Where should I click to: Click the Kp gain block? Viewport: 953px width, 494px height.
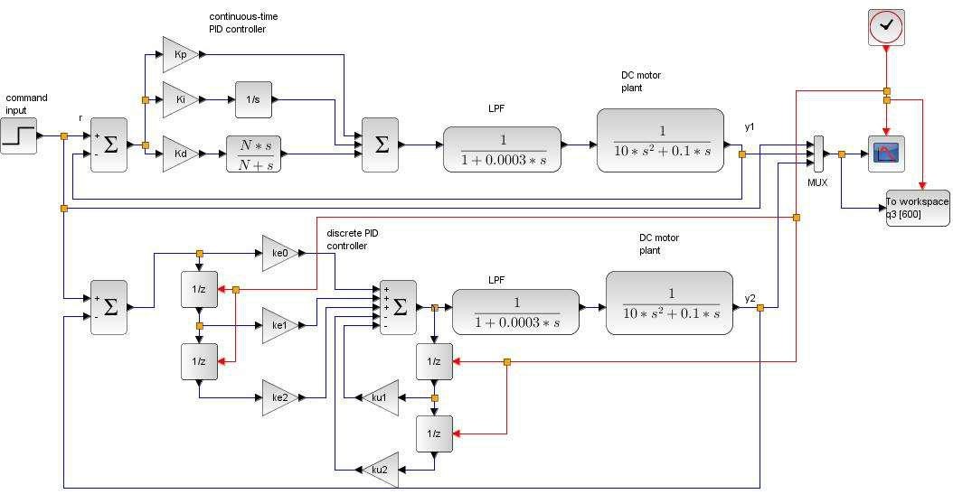[x=181, y=54]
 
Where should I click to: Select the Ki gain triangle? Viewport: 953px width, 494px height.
[x=181, y=99]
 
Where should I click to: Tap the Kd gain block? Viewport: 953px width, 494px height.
[x=181, y=154]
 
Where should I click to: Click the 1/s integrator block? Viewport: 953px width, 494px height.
[x=253, y=99]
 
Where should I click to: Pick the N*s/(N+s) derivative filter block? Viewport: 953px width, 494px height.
[x=253, y=154]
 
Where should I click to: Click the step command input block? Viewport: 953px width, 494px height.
[x=18, y=136]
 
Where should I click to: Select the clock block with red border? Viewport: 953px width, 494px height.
[x=886, y=27]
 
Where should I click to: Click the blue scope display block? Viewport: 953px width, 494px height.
[x=886, y=154]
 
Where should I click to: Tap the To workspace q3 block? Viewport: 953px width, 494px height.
[x=918, y=208]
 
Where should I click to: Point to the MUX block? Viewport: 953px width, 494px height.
[x=818, y=154]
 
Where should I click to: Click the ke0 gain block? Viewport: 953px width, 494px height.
[x=280, y=253]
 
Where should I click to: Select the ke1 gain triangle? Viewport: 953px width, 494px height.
[x=280, y=325]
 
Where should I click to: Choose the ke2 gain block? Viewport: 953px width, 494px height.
[x=280, y=397]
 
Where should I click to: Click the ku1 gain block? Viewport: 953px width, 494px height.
[x=380, y=397]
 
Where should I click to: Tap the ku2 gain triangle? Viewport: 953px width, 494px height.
[x=380, y=470]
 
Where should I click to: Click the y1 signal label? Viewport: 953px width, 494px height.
[x=750, y=126]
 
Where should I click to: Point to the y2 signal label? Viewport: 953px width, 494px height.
[x=750, y=298]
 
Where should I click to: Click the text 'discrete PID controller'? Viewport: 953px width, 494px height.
[x=353, y=239]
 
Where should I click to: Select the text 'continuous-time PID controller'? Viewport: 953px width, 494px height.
[x=243, y=23]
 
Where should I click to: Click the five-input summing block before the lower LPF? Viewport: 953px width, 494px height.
[x=398, y=308]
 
